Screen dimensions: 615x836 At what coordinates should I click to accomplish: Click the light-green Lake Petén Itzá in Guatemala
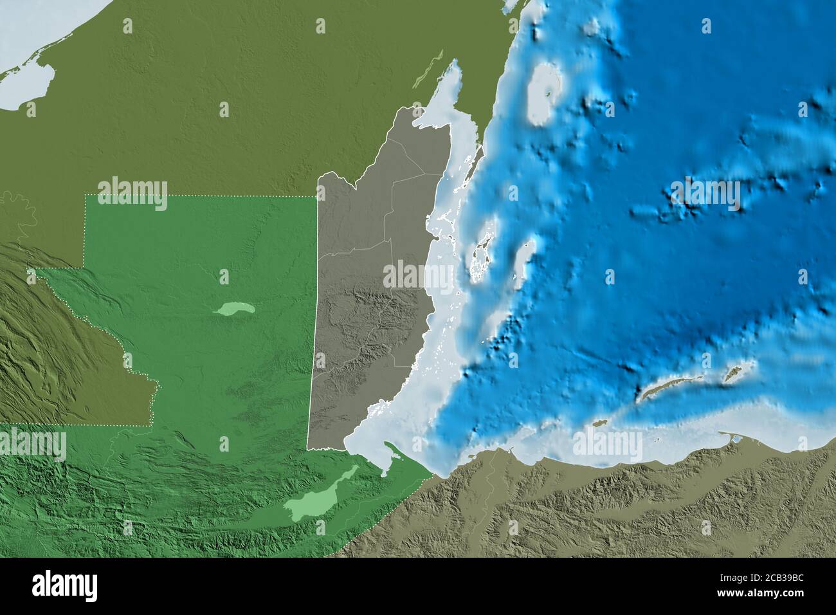[235, 310]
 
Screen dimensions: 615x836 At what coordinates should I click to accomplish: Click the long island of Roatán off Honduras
[666, 388]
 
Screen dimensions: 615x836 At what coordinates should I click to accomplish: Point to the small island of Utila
[599, 423]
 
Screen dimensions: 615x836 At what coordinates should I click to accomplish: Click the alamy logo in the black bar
[64, 585]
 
